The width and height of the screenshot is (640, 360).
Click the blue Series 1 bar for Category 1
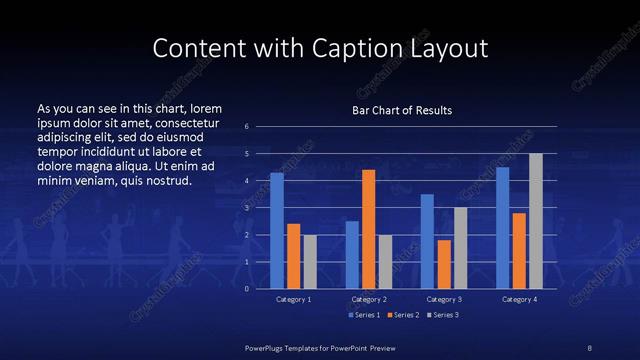coord(277,230)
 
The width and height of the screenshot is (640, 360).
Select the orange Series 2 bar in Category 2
coord(368,228)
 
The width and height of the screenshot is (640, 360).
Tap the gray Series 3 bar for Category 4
coord(535,220)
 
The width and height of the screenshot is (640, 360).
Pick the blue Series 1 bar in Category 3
coord(427,240)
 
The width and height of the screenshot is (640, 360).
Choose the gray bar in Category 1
coord(310,261)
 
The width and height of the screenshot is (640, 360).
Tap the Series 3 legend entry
coord(444,315)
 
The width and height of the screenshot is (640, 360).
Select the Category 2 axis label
coord(369,299)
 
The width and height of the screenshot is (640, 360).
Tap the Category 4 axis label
coord(519,299)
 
